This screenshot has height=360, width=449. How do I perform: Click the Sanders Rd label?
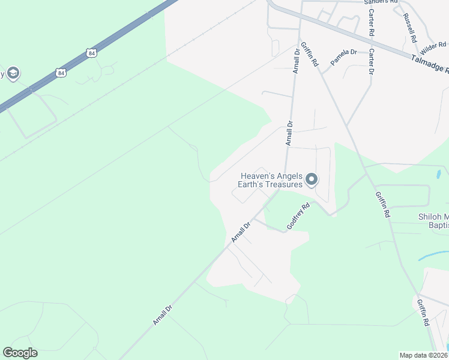381,2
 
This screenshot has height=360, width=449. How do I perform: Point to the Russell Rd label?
411,28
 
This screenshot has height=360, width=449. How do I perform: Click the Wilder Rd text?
433,45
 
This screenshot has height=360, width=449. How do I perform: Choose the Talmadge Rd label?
430,62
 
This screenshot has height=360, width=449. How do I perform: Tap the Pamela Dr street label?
343,57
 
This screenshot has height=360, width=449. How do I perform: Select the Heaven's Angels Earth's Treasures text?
271,180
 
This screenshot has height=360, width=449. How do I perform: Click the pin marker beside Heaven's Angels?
312,179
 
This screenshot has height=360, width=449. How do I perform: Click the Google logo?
20,353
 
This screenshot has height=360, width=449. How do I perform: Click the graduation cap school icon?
13,73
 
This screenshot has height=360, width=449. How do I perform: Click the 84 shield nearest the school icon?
60,73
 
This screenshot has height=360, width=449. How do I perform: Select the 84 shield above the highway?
91,53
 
